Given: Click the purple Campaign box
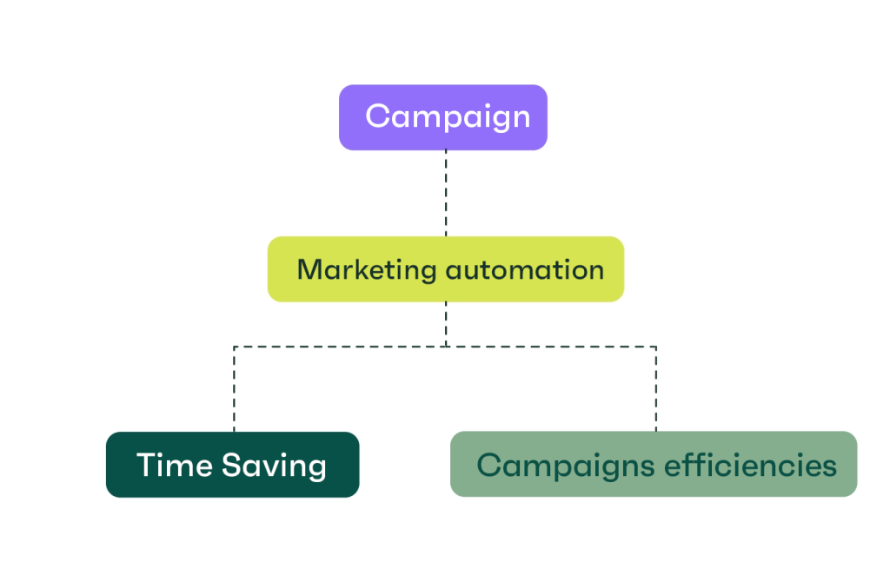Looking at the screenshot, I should coord(442,117).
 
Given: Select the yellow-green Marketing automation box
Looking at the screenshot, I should coord(445,269).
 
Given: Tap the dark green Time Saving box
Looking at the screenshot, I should coord(232,465).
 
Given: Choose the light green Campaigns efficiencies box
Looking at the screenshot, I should coord(654,465).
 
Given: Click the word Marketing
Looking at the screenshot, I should coord(366,270).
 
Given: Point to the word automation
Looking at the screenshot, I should coord(524,269).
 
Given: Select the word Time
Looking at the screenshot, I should coord(175,466).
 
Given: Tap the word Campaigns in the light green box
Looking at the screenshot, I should coord(565,466).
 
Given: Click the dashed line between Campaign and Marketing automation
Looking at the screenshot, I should coord(446,193).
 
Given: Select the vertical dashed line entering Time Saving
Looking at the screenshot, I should coord(234,391).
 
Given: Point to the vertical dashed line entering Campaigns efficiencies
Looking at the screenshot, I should coord(656,391).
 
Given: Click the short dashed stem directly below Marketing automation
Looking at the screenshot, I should coord(446,323).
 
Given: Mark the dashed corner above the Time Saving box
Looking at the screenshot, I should coord(234,347).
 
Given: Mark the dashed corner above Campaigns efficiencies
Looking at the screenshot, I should coord(656,347).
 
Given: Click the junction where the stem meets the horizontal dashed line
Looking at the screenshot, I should coord(446,347).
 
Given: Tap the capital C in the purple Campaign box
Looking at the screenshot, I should coord(377,116).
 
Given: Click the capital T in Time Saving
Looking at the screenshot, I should coord(146,465).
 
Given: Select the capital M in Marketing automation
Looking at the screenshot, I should coord(310,269).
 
